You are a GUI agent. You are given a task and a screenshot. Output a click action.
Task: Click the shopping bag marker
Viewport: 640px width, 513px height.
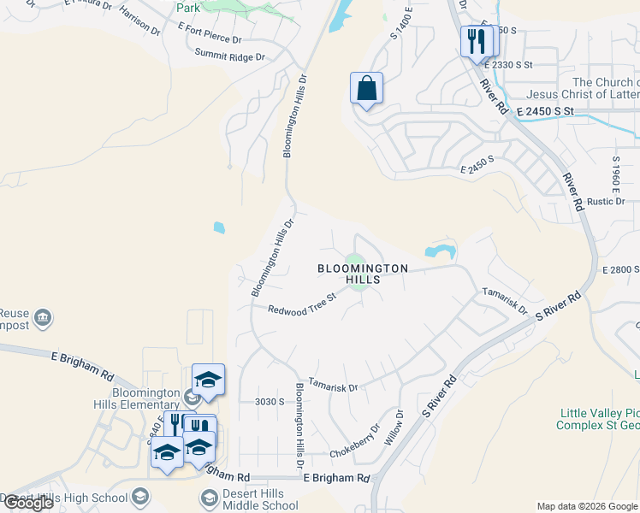tap(366, 89)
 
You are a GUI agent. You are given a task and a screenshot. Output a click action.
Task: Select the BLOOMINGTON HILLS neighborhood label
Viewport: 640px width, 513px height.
tap(362, 274)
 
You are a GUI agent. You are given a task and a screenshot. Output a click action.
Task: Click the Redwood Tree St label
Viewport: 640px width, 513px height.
tap(301, 305)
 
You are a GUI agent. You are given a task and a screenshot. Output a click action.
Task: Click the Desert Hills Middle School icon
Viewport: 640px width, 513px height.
tap(209, 498)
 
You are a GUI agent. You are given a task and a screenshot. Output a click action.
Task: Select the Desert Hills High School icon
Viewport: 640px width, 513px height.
tap(139, 497)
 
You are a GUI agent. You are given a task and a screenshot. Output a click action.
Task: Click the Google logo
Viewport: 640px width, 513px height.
tap(28, 504)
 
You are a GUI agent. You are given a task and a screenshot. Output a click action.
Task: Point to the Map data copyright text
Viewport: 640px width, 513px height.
tap(587, 506)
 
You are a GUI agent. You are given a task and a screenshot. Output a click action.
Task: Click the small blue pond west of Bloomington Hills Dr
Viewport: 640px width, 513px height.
tap(219, 227)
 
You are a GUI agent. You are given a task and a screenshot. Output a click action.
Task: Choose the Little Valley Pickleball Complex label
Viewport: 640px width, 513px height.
tap(599, 418)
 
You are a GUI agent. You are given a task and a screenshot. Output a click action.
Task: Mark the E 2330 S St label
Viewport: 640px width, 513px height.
tap(507, 64)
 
